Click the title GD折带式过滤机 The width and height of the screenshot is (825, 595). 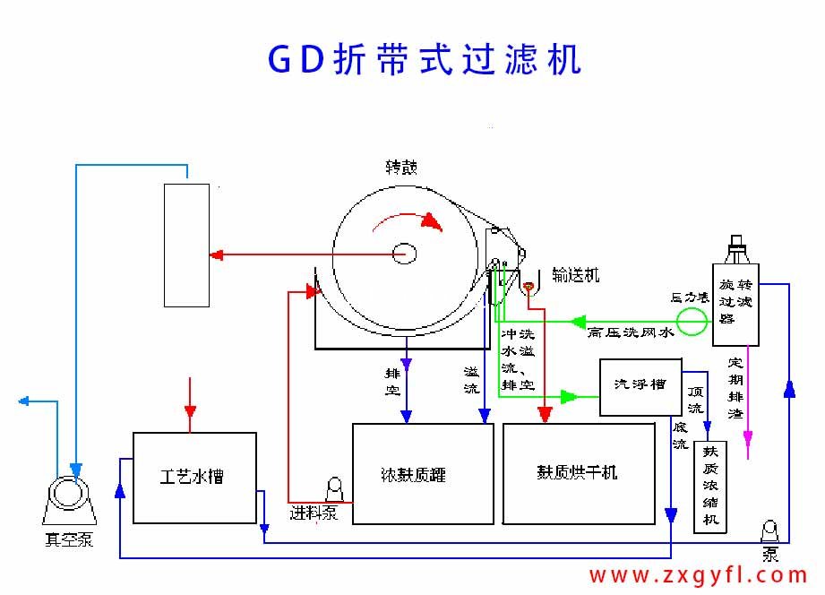point(425,59)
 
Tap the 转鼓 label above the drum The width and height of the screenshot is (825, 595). point(400,168)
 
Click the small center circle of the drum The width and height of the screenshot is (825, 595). point(403,254)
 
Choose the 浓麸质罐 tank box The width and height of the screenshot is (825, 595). point(423,473)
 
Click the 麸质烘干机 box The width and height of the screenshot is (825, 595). point(578,473)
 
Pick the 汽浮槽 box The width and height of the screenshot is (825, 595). point(640,386)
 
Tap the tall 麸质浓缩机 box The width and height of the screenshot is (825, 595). point(711,486)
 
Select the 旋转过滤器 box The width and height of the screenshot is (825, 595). point(735,305)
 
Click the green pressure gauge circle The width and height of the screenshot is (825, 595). point(691,321)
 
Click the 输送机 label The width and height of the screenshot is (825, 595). point(575,275)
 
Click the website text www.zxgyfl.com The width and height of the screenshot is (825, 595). point(699,575)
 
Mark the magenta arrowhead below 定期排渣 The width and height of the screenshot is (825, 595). point(748,439)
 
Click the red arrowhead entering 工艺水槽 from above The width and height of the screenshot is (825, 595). point(189,411)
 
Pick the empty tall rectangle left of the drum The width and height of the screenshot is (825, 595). point(186,245)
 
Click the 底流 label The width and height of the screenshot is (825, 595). point(680,435)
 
